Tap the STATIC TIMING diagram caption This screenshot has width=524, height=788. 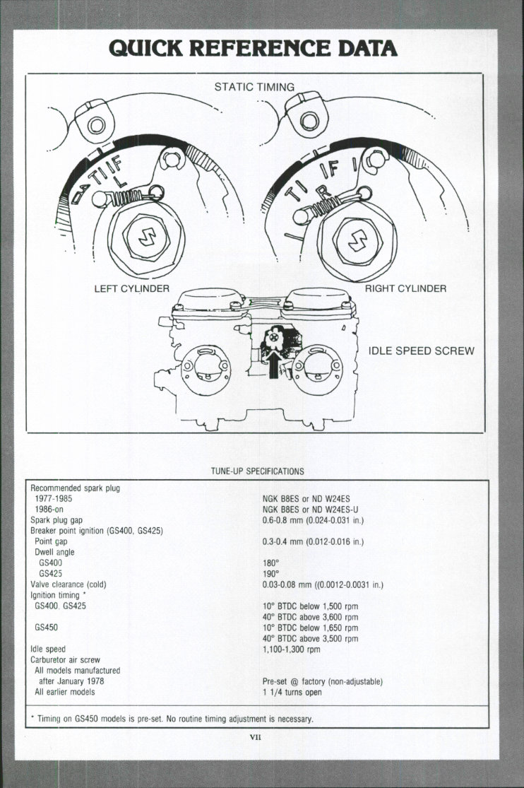tap(254, 87)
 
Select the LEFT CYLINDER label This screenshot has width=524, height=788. tap(132, 288)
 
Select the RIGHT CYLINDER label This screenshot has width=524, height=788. tap(405, 288)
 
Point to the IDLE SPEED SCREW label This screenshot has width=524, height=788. tap(422, 351)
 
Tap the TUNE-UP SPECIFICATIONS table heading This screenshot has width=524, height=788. tap(257, 470)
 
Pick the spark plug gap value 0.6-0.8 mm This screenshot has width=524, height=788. tap(313, 520)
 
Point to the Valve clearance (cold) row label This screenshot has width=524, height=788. tap(69, 584)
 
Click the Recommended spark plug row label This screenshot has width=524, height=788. tap(74, 488)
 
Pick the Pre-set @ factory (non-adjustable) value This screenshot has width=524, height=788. tap(322, 681)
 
